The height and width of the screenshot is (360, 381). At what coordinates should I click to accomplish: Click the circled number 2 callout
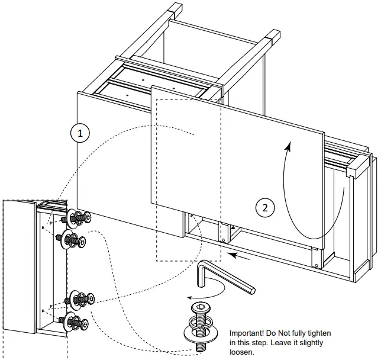[265, 207]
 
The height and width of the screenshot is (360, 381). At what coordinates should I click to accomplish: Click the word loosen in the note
[242, 352]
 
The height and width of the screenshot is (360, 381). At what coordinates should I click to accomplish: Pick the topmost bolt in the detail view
[76, 218]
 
